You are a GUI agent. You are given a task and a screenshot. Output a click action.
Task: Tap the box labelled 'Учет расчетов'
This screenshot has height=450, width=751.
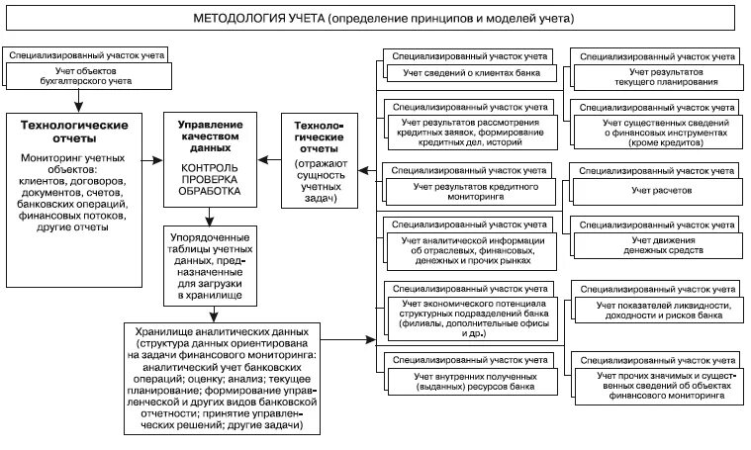coord(660,188)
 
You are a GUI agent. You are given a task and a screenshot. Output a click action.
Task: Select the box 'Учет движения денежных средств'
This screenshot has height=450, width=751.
coord(660,246)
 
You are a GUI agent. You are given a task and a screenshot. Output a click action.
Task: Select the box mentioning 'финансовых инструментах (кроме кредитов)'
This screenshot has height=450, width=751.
coord(660,134)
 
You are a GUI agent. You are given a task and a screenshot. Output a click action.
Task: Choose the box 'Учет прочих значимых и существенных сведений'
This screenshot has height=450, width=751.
coord(660,383)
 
